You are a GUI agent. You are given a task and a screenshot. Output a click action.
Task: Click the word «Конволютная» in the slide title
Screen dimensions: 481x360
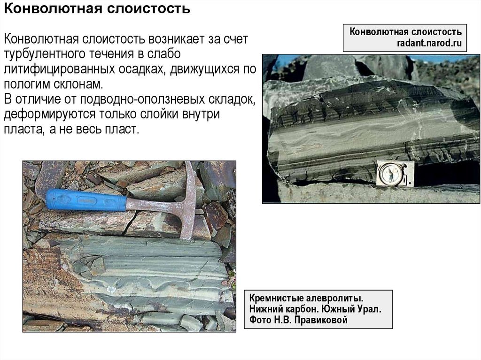(x=53, y=8)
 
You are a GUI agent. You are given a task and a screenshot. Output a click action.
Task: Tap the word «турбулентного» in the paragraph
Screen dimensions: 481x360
(x=45, y=54)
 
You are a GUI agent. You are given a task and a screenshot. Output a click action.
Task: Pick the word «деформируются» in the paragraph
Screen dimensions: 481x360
(x=49, y=114)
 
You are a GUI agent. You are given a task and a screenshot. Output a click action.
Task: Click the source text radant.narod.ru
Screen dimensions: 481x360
(x=429, y=43)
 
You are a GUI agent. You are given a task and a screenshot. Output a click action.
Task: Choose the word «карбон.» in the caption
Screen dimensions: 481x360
(x=308, y=309)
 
